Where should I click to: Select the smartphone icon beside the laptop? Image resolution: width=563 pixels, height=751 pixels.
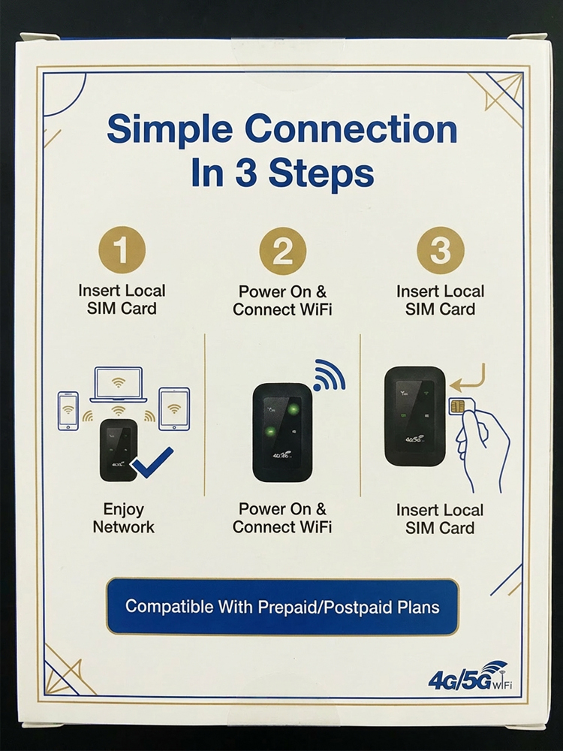tap(68, 410)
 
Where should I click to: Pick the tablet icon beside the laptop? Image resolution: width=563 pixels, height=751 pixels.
tap(174, 409)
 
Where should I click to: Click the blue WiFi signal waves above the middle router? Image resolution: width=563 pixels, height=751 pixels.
tap(327, 375)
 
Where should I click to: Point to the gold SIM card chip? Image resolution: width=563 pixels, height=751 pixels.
tap(456, 407)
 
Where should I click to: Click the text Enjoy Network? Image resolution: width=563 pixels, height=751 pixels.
tap(124, 518)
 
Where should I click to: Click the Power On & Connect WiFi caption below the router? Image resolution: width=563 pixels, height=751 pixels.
tap(282, 518)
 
